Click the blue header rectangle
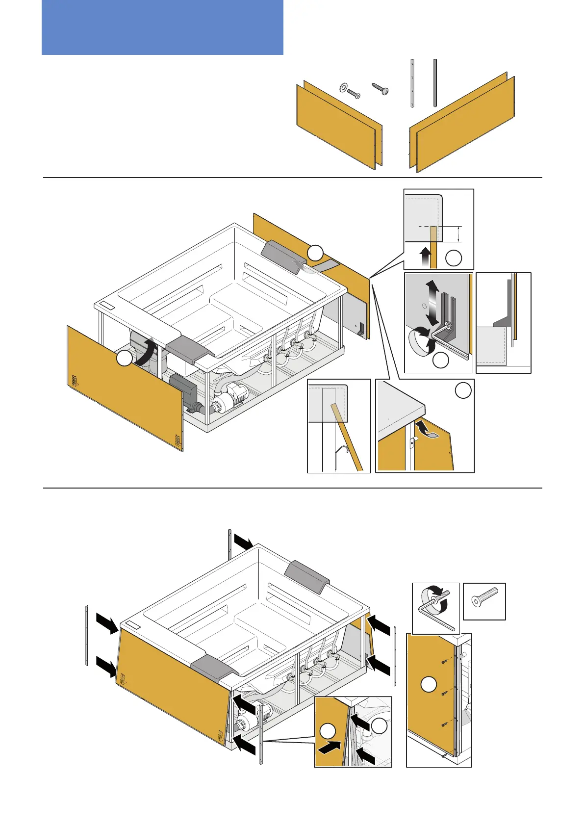162,27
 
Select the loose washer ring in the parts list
343,87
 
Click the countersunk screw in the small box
484,601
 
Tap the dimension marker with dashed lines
458,234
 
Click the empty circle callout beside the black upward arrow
454,258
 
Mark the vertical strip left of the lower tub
87,635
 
